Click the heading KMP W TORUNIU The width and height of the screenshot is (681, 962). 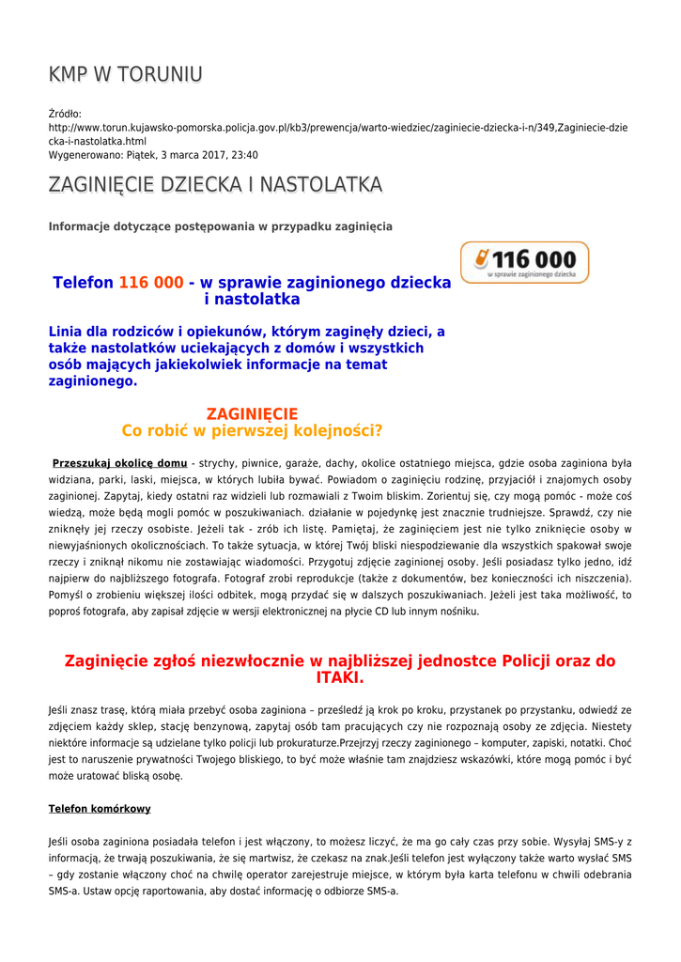(x=125, y=74)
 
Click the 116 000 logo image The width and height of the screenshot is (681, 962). (x=524, y=262)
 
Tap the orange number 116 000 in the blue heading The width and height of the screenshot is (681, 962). (x=150, y=283)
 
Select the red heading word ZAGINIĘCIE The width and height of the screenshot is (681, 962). (x=252, y=413)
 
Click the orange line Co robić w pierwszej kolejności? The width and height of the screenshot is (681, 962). (x=252, y=430)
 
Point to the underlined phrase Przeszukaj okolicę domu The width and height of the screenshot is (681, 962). (x=119, y=463)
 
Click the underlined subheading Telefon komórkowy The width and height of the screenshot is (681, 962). (x=100, y=809)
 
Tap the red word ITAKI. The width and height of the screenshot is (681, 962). (x=339, y=677)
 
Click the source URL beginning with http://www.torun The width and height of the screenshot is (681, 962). (x=338, y=127)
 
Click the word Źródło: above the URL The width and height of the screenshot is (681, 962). (x=65, y=114)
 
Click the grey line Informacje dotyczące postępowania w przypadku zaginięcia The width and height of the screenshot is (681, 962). (x=220, y=226)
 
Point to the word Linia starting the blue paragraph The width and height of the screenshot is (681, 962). (x=71, y=332)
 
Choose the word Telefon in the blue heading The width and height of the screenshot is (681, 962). (x=83, y=283)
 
